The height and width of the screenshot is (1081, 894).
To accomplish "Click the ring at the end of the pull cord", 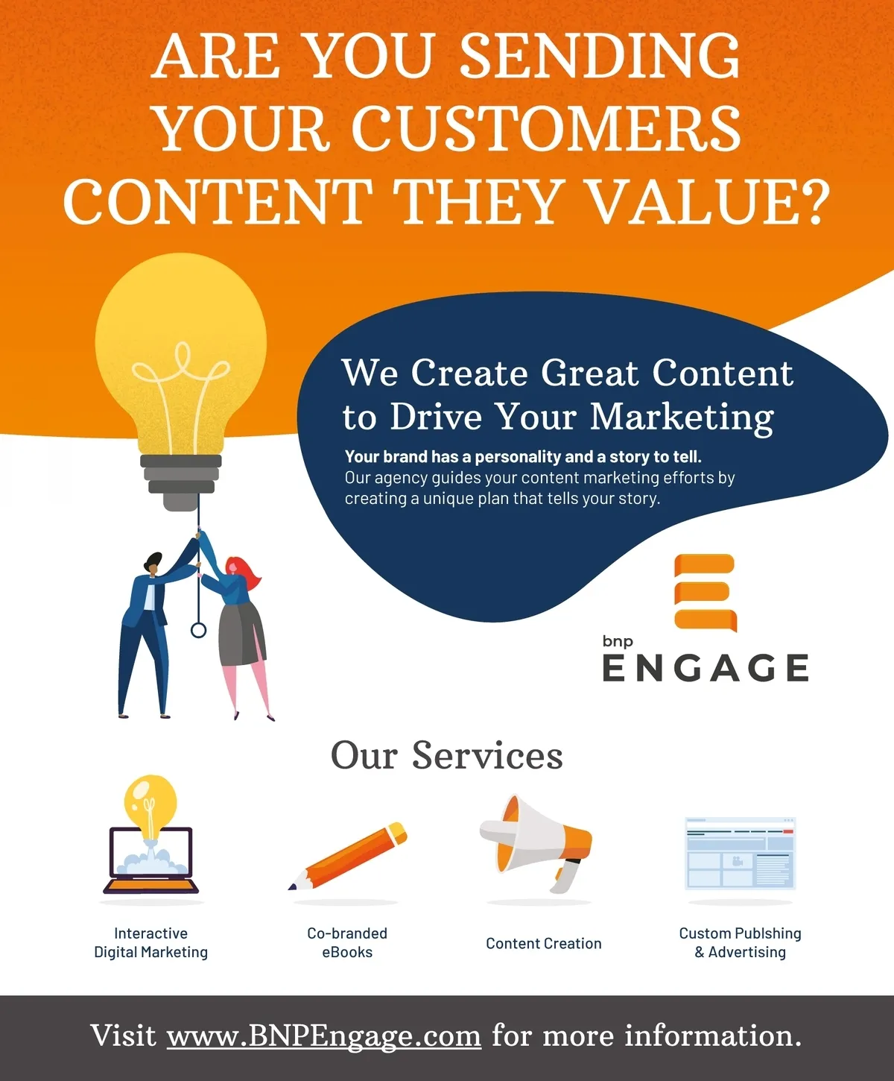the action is click(x=199, y=630).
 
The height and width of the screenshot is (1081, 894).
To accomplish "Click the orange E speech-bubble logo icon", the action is click(x=706, y=593).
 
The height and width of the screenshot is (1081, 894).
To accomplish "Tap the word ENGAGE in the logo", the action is click(x=706, y=668).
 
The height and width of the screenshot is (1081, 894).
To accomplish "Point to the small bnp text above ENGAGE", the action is click(x=618, y=642).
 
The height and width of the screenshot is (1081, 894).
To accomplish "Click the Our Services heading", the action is click(x=447, y=756).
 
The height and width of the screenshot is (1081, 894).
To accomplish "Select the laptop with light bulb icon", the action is click(x=150, y=835).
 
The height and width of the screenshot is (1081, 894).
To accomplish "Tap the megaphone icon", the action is click(x=536, y=845).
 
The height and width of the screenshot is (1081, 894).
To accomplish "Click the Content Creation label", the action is click(x=544, y=944).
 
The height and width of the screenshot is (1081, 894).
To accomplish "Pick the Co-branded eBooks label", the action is click(x=347, y=943).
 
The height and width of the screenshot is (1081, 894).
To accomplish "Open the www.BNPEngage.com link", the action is click(x=324, y=1036).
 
